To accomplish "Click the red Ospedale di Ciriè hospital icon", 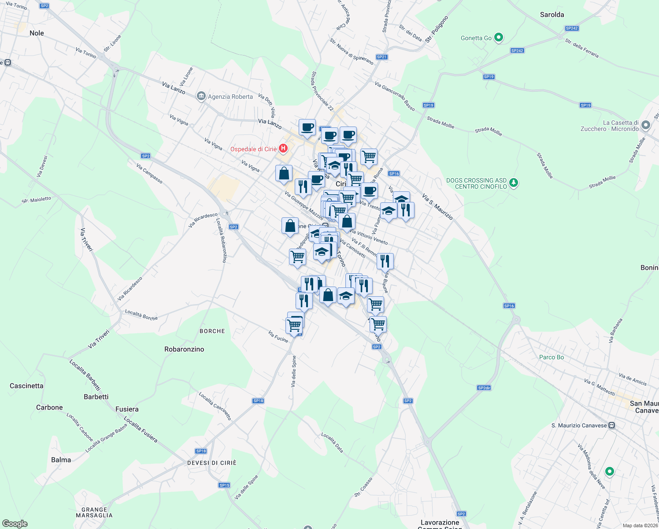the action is [283, 149].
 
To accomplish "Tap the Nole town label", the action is [37, 33].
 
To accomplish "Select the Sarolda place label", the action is [552, 15].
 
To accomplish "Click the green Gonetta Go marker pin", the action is [499, 37].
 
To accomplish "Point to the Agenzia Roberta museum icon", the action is [201, 96].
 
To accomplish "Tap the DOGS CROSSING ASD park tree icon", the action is [513, 183].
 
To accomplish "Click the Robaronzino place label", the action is [184, 349].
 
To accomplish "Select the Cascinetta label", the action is [26, 386].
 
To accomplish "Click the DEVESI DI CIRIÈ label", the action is [212, 463].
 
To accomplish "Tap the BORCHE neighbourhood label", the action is [212, 331].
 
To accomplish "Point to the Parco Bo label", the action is [552, 357].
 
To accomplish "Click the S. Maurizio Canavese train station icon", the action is [611, 425].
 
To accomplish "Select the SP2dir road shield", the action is [484, 388].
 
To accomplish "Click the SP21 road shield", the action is [381, 57].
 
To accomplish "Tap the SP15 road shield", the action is [224, 485].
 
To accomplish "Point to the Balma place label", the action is [61, 460].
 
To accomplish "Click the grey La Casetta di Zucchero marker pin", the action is [645, 125].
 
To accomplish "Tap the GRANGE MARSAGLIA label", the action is [94, 512].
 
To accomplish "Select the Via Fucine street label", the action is [278, 337].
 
